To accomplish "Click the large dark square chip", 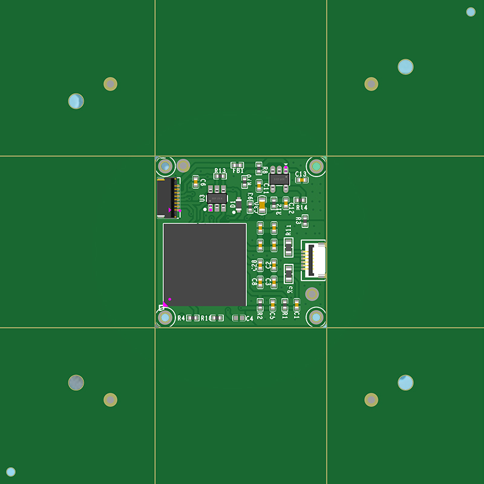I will (x=205, y=264).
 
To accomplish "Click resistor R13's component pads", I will (x=220, y=176).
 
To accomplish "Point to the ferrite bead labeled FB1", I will (x=238, y=165).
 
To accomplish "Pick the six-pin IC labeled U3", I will (x=217, y=198).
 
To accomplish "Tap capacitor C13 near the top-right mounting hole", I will (x=301, y=180).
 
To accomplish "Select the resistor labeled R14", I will (x=299, y=200).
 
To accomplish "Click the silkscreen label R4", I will (x=181, y=318).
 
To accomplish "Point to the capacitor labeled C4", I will (x=238, y=318).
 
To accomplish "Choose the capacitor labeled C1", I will (x=296, y=304).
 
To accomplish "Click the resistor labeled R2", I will (x=260, y=304).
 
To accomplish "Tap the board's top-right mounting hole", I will (x=316, y=166).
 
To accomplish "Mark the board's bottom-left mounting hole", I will (x=165, y=317).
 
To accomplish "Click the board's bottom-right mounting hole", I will (x=316, y=316).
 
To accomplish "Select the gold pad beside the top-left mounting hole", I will (x=183, y=165).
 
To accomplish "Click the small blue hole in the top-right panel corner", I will (x=471, y=11).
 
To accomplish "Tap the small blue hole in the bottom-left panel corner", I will (x=11, y=472).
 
